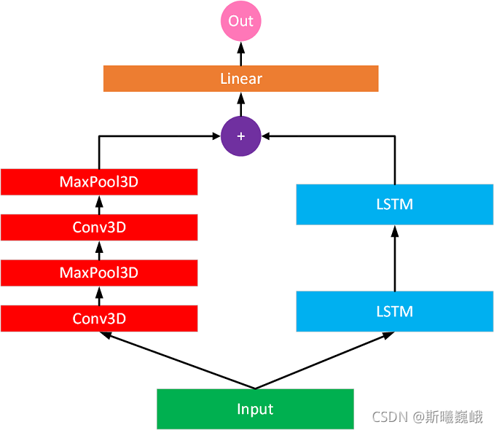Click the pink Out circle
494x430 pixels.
240,21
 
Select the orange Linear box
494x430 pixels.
240,79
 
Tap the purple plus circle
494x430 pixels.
240,136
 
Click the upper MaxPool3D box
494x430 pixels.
99,181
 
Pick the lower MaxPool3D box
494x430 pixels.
99,273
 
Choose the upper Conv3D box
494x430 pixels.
99,227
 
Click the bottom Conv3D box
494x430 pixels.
99,318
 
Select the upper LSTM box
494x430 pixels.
394,204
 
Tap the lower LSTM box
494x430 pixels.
394,311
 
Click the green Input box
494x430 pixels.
255,409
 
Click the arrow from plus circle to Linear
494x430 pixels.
240,104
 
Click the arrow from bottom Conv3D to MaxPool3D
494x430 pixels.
99,296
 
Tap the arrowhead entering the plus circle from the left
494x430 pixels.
215,136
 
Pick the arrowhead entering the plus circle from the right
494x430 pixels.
267,136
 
